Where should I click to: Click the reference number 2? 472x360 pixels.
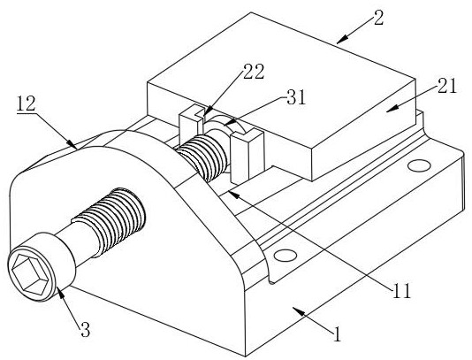377,18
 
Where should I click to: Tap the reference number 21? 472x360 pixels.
447,86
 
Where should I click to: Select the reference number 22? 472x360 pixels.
254,72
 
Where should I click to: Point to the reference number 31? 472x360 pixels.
296,97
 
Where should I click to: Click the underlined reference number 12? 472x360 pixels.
27,103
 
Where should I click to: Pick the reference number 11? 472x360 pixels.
401,291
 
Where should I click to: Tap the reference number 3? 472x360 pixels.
86,329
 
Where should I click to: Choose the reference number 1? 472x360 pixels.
338,333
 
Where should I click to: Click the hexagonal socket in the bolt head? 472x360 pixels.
30,274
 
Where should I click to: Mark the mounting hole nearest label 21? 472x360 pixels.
419,165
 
